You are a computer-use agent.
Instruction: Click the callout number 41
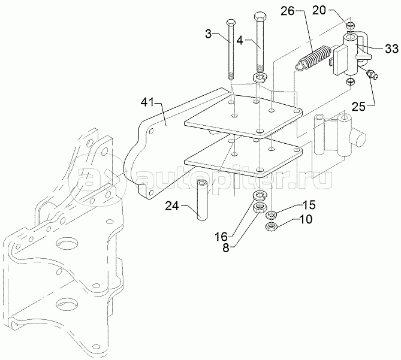tap(147, 103)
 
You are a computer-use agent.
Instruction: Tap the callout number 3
tap(209, 34)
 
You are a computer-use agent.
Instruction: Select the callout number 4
tap(240, 40)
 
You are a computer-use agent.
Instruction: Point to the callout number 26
tap(288, 11)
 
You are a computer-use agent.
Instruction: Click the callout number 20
tap(319, 10)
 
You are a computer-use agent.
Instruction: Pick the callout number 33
tap(392, 49)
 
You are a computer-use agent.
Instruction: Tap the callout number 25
tap(358, 107)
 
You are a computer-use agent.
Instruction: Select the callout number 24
tap(172, 205)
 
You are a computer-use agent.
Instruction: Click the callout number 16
tap(221, 237)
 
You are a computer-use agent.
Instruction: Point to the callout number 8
tap(226, 248)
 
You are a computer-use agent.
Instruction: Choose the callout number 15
tap(309, 205)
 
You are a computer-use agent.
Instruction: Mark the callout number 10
tap(306, 219)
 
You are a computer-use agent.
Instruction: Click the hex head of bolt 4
tap(260, 17)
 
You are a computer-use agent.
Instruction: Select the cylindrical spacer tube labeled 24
tap(201, 200)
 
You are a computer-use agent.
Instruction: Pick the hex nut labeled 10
tap(270, 226)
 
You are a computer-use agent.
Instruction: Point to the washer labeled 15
tap(271, 215)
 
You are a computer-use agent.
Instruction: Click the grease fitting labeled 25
tap(372, 74)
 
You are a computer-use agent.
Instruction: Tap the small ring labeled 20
tap(351, 26)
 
